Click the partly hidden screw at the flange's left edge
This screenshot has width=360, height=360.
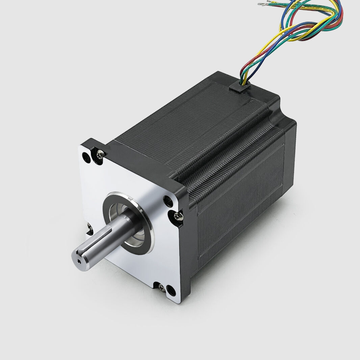(x=89, y=229)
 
